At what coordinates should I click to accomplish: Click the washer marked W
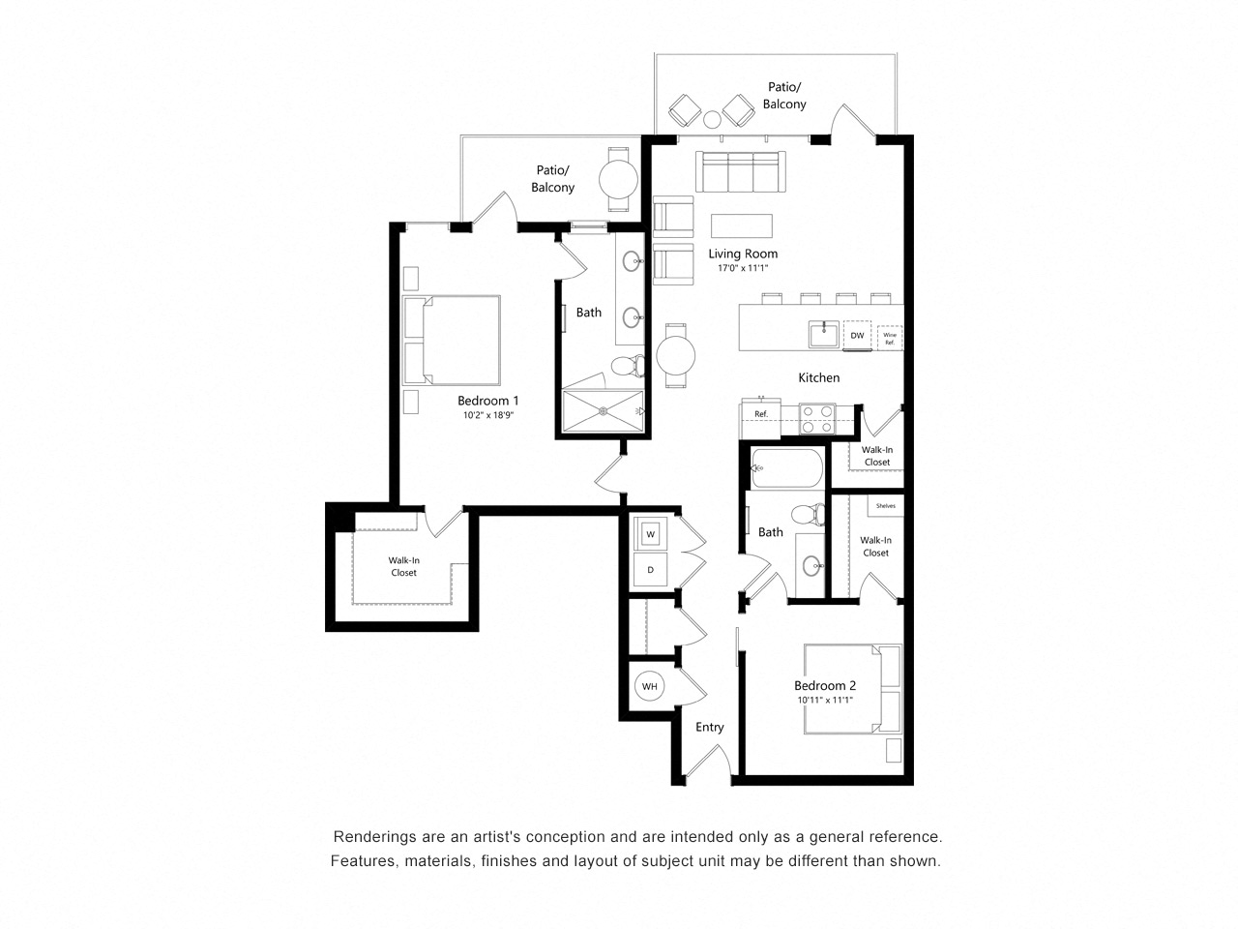(x=651, y=533)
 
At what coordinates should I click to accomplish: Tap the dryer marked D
(x=651, y=570)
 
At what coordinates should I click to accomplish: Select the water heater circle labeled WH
(x=649, y=687)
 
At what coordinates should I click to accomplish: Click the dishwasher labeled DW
(x=857, y=335)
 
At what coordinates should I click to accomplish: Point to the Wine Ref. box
(x=890, y=338)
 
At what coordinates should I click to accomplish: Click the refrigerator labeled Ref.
(x=760, y=414)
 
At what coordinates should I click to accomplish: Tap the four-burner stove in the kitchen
(x=817, y=418)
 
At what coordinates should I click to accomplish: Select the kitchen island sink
(x=824, y=334)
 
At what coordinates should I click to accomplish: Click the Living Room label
(x=743, y=254)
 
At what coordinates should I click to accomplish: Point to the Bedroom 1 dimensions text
(x=488, y=416)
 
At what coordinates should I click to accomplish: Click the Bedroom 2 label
(x=825, y=686)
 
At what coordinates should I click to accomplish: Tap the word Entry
(x=709, y=728)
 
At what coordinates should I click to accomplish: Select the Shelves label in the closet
(x=885, y=506)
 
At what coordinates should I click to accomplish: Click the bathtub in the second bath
(x=787, y=469)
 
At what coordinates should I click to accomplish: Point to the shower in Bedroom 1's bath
(x=604, y=411)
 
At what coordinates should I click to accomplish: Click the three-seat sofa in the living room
(x=740, y=171)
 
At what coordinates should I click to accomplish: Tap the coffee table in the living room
(x=742, y=225)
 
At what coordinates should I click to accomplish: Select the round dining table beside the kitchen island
(x=676, y=355)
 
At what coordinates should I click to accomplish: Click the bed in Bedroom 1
(x=453, y=339)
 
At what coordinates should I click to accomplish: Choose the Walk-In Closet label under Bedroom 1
(x=404, y=566)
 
